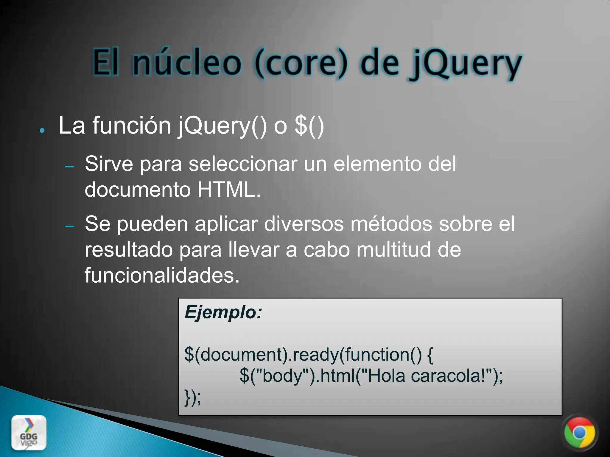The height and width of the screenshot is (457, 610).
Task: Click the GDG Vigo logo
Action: (x=29, y=432)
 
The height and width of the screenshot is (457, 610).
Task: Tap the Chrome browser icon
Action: (x=579, y=433)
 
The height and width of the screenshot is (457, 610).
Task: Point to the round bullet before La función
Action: (x=42, y=131)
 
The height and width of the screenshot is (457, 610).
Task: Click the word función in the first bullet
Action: (x=131, y=126)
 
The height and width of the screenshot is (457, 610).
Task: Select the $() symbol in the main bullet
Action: (x=309, y=126)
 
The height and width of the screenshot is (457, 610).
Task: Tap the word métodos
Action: (x=391, y=224)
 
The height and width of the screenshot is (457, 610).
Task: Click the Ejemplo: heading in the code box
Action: (x=223, y=312)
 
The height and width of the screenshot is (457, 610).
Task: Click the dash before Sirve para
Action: (x=69, y=167)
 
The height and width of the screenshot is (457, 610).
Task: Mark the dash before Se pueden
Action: (x=69, y=227)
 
